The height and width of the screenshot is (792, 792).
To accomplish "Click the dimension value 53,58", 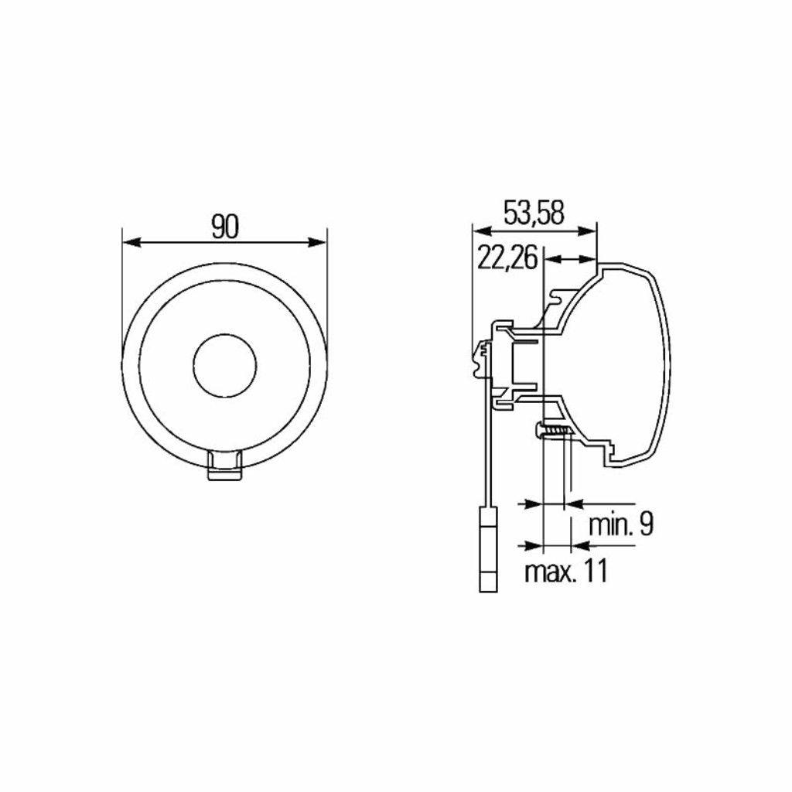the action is click(x=534, y=213).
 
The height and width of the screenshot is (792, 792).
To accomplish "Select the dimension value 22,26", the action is click(x=507, y=258).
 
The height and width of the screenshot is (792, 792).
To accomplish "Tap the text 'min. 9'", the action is click(x=621, y=525).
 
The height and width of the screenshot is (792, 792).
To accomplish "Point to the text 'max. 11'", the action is click(x=565, y=571).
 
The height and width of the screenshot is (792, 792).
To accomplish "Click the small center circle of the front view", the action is click(x=225, y=365).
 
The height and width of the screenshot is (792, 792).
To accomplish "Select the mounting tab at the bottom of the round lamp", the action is click(x=225, y=465).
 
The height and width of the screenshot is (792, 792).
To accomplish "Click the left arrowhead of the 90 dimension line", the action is click(x=131, y=242).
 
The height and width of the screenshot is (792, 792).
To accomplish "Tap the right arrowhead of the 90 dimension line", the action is click(x=317, y=242).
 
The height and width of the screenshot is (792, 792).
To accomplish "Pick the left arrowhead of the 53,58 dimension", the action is click(x=481, y=230).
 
